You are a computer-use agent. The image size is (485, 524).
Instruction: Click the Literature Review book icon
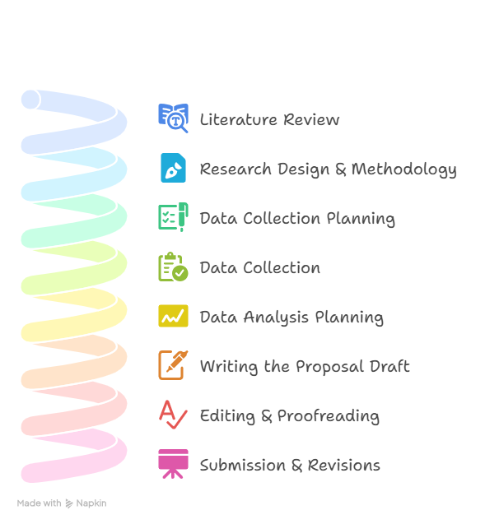click(x=173, y=118)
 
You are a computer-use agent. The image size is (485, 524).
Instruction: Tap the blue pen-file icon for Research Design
click(x=173, y=168)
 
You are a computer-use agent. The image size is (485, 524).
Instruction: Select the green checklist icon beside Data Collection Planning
click(x=173, y=217)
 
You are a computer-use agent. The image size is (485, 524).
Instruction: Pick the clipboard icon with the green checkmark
click(x=173, y=267)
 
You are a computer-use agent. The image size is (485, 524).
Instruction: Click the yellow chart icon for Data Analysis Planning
click(x=173, y=316)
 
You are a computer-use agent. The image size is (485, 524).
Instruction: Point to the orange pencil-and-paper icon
click(x=173, y=365)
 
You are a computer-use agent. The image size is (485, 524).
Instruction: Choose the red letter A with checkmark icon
click(x=173, y=415)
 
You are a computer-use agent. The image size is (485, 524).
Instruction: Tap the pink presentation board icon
click(x=173, y=464)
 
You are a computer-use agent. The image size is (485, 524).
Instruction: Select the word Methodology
click(x=404, y=169)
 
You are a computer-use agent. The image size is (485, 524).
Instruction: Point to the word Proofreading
click(x=329, y=416)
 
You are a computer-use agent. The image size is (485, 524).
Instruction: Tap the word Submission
click(x=243, y=466)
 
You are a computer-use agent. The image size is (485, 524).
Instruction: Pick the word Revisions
click(x=344, y=466)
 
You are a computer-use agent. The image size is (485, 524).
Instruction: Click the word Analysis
click(x=276, y=318)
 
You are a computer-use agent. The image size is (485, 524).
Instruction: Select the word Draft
click(x=389, y=366)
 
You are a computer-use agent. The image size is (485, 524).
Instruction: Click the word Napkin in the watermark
click(x=91, y=503)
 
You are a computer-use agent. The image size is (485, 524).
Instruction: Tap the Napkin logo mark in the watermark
click(x=69, y=503)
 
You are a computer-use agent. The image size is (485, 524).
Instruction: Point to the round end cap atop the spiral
click(x=30, y=100)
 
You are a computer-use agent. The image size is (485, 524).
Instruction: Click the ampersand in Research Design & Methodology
click(x=341, y=169)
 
